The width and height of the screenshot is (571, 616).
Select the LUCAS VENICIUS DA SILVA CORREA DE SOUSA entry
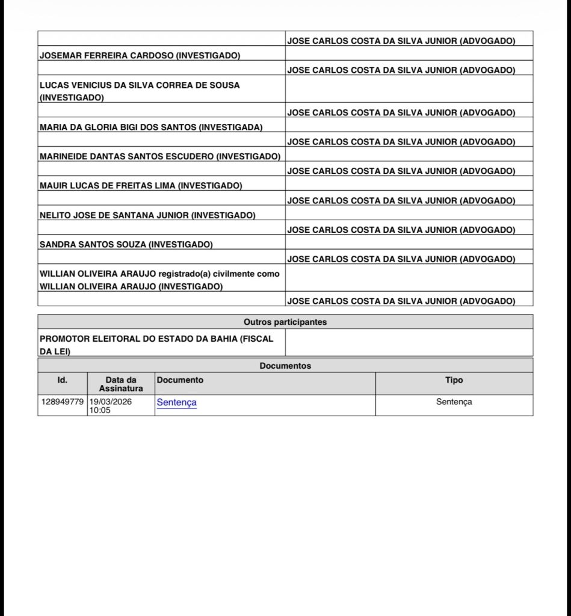[140, 91]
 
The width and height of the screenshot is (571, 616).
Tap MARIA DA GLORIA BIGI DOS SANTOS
[151, 127]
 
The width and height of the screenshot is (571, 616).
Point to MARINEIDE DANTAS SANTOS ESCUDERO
[160, 156]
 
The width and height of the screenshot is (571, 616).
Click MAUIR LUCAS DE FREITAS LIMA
[141, 186]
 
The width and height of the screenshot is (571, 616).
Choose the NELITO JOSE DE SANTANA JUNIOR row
[147, 215]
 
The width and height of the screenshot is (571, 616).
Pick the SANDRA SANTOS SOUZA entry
[126, 244]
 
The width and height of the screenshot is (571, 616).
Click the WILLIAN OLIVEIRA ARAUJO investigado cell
[160, 280]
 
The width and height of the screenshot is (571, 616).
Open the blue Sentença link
[176, 402]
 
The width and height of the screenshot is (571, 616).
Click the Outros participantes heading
[285, 322]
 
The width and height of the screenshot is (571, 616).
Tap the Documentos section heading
[285, 365]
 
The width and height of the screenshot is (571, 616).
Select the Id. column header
[63, 380]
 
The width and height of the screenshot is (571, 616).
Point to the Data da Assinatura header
[121, 384]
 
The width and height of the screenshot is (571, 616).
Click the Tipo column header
[454, 380]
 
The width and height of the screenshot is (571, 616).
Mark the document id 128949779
[63, 401]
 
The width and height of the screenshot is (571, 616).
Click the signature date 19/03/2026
[111, 401]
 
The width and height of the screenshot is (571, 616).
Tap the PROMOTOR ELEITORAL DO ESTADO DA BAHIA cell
[156, 345]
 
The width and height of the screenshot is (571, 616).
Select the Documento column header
[180, 380]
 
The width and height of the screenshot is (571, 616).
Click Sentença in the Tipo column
[454, 401]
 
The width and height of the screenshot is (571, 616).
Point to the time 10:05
[100, 410]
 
